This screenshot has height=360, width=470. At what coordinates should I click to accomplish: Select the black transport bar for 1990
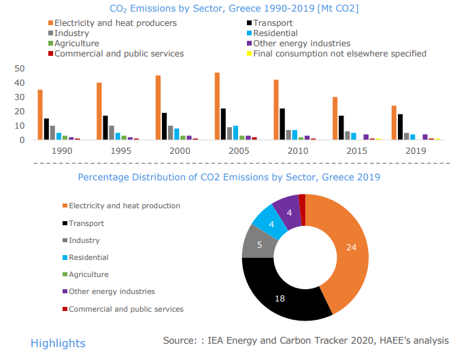(46, 129)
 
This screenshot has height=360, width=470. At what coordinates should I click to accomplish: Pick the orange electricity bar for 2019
(394, 122)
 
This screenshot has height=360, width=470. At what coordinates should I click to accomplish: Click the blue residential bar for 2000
(177, 134)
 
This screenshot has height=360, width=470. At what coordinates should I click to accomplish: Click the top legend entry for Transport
(272, 22)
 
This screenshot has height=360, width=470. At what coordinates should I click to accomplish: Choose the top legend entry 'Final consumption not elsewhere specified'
(339, 53)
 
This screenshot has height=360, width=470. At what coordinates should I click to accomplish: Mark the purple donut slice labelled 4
(288, 212)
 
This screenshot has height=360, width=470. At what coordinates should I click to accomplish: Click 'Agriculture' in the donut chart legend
(88, 274)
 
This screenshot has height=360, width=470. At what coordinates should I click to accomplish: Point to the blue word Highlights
(58, 343)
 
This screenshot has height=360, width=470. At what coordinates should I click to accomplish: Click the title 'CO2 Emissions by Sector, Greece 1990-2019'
(235, 8)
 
